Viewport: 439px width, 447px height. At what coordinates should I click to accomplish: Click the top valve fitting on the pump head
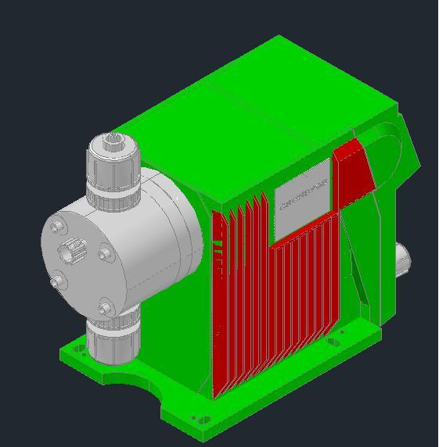112,173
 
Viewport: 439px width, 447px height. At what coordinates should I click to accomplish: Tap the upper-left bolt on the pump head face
56,227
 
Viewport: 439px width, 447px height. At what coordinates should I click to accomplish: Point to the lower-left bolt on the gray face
56,281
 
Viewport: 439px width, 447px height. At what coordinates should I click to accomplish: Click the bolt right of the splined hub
105,253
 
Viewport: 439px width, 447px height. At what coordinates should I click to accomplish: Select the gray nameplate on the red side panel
301,199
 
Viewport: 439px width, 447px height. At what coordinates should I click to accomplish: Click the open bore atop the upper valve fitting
111,142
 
